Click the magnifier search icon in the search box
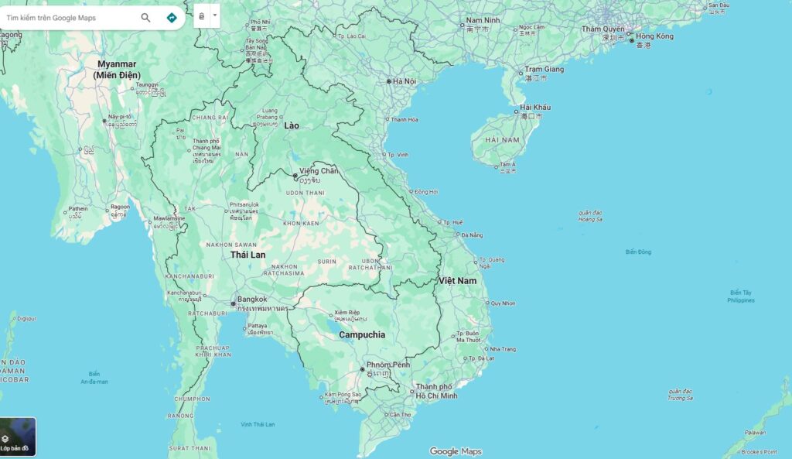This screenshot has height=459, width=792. click(x=145, y=18)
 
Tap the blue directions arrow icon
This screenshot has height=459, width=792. click(x=172, y=18)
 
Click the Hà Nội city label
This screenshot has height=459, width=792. click(x=405, y=81)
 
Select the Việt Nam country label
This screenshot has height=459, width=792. click(x=457, y=280)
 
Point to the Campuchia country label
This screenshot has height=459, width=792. click(x=362, y=335)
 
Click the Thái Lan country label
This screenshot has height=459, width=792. click(x=247, y=255)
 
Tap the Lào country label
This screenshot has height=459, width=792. click(x=292, y=125)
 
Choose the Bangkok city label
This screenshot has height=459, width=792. click(x=252, y=300)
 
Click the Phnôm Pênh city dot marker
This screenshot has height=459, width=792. click(x=362, y=370)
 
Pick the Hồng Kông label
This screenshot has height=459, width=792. click(x=654, y=36)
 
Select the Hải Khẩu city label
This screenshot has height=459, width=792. click(x=535, y=108)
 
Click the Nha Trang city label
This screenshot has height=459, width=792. click(x=503, y=349)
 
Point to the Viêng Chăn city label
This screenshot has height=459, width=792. click(x=319, y=171)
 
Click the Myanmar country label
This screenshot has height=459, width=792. click(x=118, y=63)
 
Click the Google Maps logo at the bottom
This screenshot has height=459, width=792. click(x=456, y=451)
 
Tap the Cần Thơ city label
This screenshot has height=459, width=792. click(x=400, y=415)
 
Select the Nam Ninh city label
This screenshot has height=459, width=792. click(x=483, y=20)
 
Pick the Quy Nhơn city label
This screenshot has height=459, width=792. click(x=503, y=303)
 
